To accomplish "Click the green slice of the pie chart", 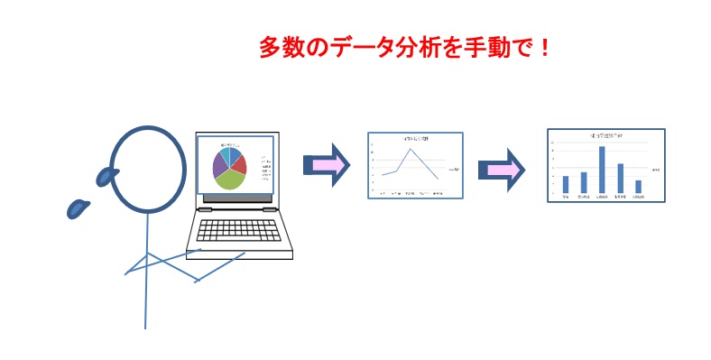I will click(x=230, y=179).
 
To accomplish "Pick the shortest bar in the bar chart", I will click(x=638, y=186).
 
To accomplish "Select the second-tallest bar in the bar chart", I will click(x=620, y=178).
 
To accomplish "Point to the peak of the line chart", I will click(x=411, y=150).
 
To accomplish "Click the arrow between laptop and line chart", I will click(x=326, y=164).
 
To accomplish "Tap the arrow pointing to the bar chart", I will click(x=501, y=170).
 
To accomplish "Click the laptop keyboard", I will click(x=239, y=232).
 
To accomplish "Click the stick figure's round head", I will click(x=149, y=167).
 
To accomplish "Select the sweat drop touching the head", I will click(x=108, y=175).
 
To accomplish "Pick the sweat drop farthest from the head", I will click(x=78, y=208).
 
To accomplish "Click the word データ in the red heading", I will click(x=347, y=48).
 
